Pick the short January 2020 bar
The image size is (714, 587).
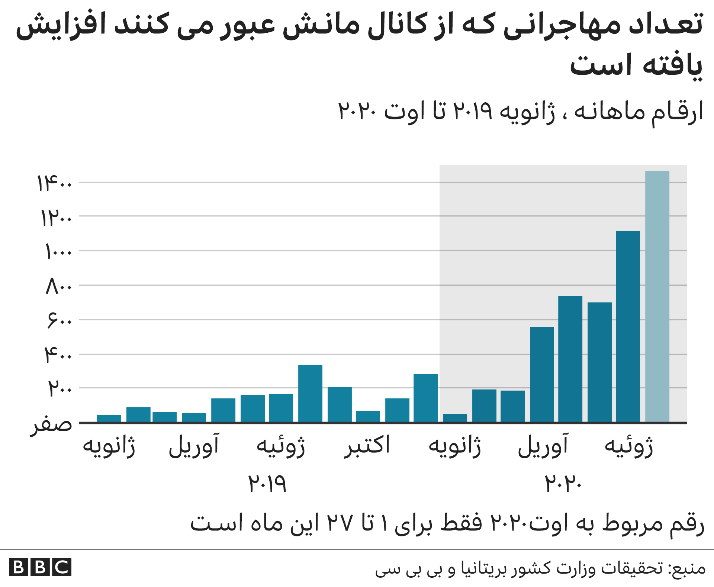pyautogui.click(x=455, y=418)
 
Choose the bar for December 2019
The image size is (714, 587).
pyautogui.click(x=425, y=398)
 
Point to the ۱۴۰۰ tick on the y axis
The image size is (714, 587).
pyautogui.click(x=54, y=183)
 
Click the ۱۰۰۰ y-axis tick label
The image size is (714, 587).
pyautogui.click(x=58, y=252)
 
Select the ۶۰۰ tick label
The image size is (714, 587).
pyautogui.click(x=59, y=320)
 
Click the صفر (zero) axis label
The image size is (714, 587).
pyautogui.click(x=51, y=424)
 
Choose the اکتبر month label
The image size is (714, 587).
pyautogui.click(x=367, y=445)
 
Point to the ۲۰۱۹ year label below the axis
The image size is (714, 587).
pyautogui.click(x=267, y=483)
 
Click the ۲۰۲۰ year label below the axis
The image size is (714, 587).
pyautogui.click(x=563, y=483)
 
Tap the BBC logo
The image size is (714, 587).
pyautogui.click(x=40, y=567)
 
